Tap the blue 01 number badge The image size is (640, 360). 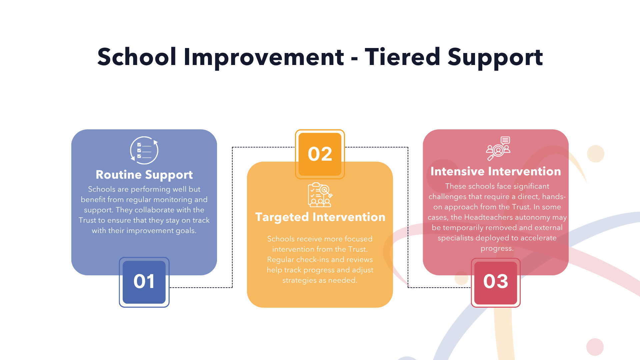(x=144, y=282)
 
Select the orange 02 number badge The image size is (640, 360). (x=320, y=154)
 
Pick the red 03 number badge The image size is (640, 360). (x=496, y=282)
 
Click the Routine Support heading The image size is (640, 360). (x=144, y=175)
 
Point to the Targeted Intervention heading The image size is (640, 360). (x=320, y=217)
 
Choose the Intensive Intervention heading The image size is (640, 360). (x=496, y=171)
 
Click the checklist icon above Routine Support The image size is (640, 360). (x=144, y=150)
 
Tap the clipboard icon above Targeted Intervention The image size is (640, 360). (x=320, y=195)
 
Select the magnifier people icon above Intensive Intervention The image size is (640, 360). (x=498, y=149)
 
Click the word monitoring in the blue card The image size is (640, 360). (x=173, y=200)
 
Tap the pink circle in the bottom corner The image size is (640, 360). (x=595, y=347)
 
